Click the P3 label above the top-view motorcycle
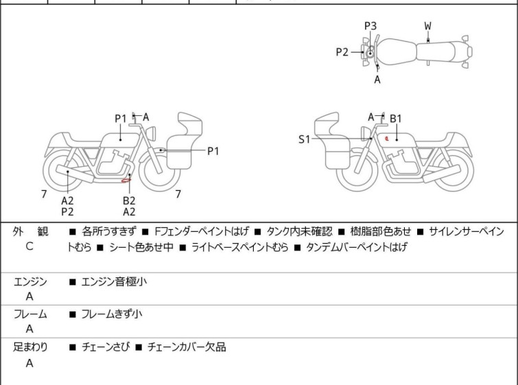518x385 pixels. (x=370, y=26)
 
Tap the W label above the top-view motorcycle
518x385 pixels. (x=427, y=26)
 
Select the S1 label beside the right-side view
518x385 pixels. (x=305, y=139)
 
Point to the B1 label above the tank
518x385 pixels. (x=396, y=119)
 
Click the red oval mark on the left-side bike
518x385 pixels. (x=126, y=180)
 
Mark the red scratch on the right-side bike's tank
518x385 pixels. (x=388, y=138)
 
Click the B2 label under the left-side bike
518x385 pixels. (x=129, y=200)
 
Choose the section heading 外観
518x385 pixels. (x=31, y=232)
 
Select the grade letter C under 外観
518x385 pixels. (x=30, y=246)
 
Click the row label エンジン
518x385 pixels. (x=31, y=281)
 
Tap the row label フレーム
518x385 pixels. (x=31, y=314)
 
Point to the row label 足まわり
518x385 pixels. (x=31, y=347)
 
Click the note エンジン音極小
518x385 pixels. (x=114, y=281)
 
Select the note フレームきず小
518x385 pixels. (x=112, y=314)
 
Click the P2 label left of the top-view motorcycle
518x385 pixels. (x=342, y=51)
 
